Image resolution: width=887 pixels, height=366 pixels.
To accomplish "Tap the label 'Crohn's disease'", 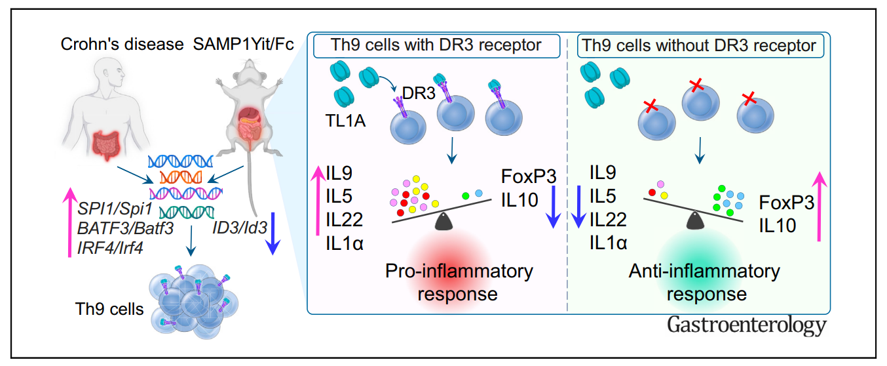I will click(x=122, y=45).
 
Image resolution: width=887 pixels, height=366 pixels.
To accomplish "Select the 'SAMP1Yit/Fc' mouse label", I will click(x=242, y=45).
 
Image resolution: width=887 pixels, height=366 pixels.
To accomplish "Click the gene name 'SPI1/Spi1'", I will click(x=115, y=209).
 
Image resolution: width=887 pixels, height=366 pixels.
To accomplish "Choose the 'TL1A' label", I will click(x=345, y=121).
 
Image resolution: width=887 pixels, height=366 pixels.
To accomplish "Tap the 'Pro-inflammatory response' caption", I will click(x=459, y=281).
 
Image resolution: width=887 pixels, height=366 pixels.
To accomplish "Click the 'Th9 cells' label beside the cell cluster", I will click(x=109, y=308).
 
